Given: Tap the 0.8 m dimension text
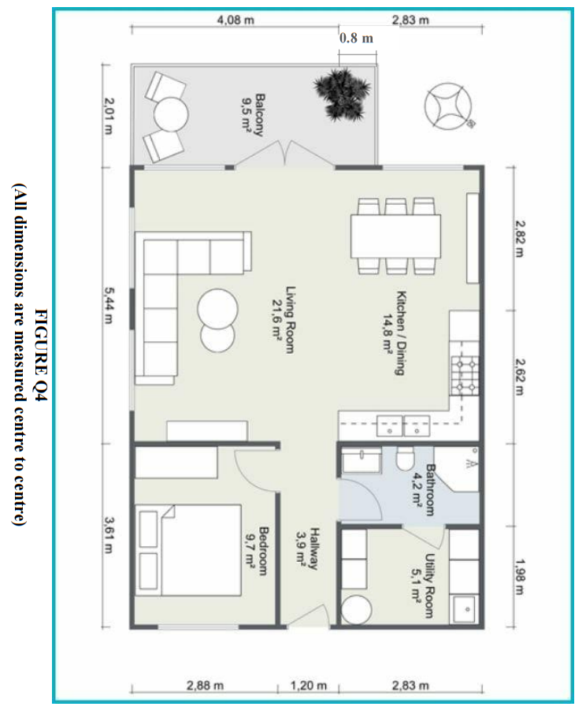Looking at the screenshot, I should click(x=356, y=38).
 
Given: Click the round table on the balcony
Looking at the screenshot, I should click(x=170, y=113).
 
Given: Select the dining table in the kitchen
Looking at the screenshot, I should click(x=395, y=235).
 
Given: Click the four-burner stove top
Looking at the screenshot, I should click(x=465, y=374).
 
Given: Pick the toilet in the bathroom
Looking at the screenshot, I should click(x=406, y=458).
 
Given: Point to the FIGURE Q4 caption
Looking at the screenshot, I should click(x=41, y=355).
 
